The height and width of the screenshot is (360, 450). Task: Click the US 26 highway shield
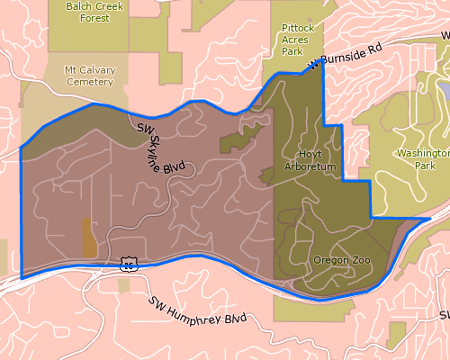[129, 264]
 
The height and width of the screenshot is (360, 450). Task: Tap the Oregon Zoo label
[337, 260]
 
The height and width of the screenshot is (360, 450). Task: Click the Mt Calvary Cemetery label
[89, 76]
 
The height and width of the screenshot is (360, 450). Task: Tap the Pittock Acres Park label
[298, 40]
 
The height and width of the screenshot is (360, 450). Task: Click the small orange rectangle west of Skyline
[89, 238]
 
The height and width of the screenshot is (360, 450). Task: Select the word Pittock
[298, 28]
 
